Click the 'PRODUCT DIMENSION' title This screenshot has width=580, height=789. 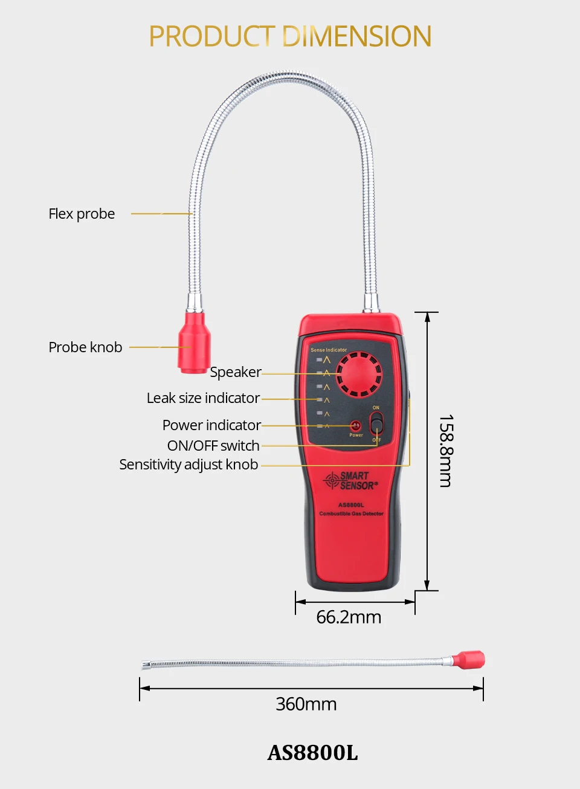pyautogui.click(x=290, y=36)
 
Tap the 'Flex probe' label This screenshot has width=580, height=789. pyautogui.click(x=82, y=214)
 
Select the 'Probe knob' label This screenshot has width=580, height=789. pyautogui.click(x=85, y=347)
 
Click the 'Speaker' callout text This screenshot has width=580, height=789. pyautogui.click(x=236, y=372)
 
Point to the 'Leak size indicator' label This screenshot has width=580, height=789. pyautogui.click(x=203, y=398)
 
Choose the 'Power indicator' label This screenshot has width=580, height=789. pyautogui.click(x=211, y=425)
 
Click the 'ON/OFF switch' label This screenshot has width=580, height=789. pyautogui.click(x=213, y=446)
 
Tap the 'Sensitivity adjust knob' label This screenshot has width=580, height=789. pyautogui.click(x=188, y=465)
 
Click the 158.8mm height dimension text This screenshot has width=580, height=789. pyautogui.click(x=446, y=451)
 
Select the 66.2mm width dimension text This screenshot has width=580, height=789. pyautogui.click(x=349, y=617)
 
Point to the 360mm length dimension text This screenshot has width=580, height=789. pyautogui.click(x=306, y=704)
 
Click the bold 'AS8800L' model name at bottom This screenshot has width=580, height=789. pyautogui.click(x=312, y=753)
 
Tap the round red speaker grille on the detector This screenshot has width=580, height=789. pyautogui.click(x=359, y=374)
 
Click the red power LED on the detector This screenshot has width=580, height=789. pyautogui.click(x=356, y=426)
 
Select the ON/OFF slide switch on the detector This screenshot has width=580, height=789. pyautogui.click(x=376, y=424)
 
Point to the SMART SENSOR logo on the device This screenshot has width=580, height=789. pyautogui.click(x=351, y=481)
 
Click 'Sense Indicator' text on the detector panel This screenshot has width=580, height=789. pyautogui.click(x=329, y=350)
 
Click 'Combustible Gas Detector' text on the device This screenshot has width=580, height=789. pyautogui.click(x=351, y=514)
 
